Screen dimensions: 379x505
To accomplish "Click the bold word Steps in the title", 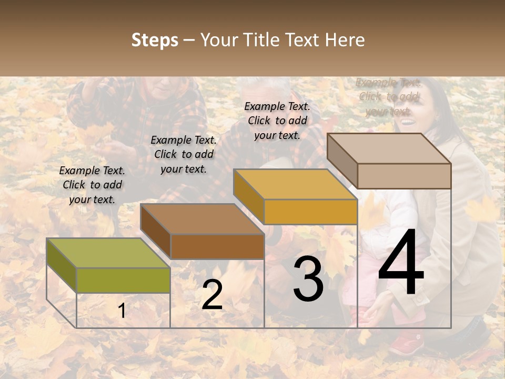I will [x=155, y=41].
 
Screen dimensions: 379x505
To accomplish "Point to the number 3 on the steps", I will [x=308, y=278].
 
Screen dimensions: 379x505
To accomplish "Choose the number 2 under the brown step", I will [x=212, y=295].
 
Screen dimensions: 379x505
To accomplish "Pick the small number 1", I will [x=122, y=311].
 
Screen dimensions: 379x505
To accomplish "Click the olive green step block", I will [x=108, y=266].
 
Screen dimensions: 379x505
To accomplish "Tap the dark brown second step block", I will [x=203, y=232].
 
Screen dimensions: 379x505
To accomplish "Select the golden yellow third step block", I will [x=296, y=197].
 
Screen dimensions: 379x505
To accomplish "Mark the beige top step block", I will [x=389, y=161].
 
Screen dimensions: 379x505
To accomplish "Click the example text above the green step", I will [x=92, y=185].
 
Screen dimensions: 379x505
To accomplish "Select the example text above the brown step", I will [x=184, y=154].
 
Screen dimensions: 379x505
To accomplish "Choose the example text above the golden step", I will [x=277, y=121].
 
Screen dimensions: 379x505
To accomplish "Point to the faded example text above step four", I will [x=388, y=97].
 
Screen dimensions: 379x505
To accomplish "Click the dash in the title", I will [x=189, y=41].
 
